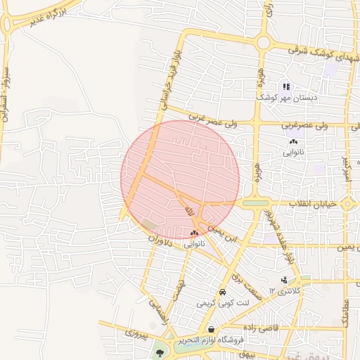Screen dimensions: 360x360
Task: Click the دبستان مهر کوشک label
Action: [x=286, y=98]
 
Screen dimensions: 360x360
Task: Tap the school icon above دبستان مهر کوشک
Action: [x=286, y=86]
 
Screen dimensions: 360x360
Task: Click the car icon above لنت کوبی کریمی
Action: [x=221, y=292]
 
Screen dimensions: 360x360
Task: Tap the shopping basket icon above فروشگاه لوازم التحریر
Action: [x=210, y=329]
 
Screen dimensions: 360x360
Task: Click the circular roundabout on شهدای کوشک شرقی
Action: [x=264, y=43]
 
